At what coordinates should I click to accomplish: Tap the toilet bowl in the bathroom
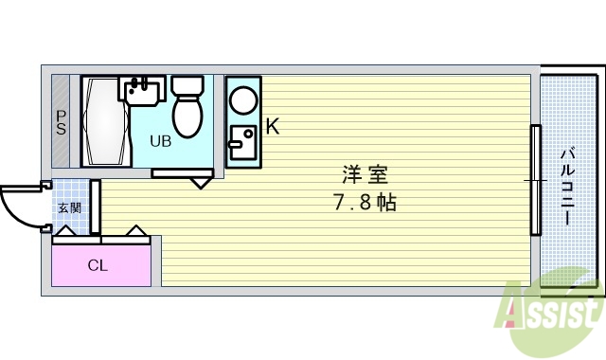pos(187,117)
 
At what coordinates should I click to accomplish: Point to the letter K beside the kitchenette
pos(271,126)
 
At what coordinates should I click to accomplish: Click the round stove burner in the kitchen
pos(243,100)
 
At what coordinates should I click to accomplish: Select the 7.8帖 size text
pos(364,203)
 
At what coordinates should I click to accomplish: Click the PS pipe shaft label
pos(61,123)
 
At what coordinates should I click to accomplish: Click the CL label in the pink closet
pos(98,265)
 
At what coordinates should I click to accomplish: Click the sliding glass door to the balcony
pos(535,180)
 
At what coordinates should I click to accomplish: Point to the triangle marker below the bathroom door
pos(201,181)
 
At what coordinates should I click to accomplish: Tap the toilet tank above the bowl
pos(187,86)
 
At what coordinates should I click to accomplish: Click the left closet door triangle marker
pos(66,229)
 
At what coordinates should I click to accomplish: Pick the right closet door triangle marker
pos(134,230)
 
